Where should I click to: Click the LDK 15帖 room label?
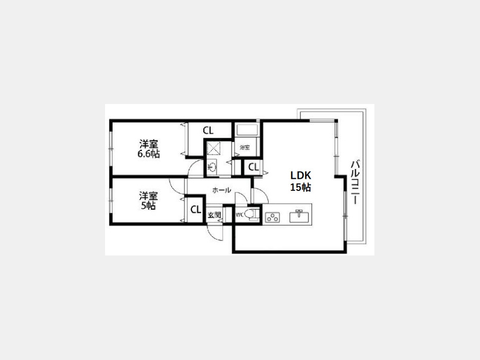click(x=301, y=181)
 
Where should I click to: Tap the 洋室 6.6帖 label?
click(x=148, y=149)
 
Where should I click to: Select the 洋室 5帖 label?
click(x=148, y=201)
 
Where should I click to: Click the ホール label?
click(x=221, y=190)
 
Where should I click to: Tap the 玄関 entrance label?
click(x=214, y=215)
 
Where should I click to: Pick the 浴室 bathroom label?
click(x=245, y=147)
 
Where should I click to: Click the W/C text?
click(x=239, y=214)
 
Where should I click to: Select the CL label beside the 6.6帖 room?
click(x=208, y=131)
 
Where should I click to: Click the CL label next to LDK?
click(x=253, y=167)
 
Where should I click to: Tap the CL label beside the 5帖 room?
click(x=196, y=210)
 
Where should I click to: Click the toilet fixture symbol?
click(x=252, y=214)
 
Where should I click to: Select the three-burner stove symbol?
click(x=273, y=217)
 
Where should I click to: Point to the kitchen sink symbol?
click(x=299, y=216)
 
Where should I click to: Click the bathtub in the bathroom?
click(x=247, y=130)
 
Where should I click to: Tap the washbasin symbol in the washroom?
click(x=212, y=167)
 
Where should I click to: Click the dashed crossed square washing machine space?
click(x=214, y=148)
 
